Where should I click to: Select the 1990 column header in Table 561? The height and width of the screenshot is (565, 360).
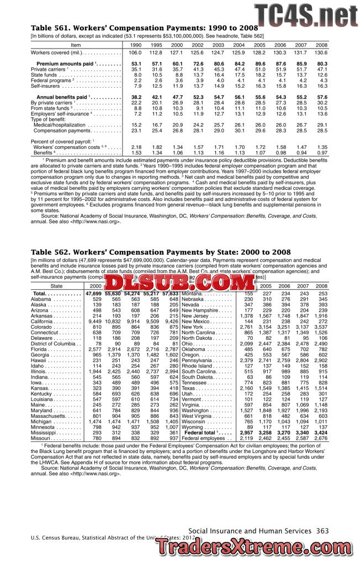[135, 44]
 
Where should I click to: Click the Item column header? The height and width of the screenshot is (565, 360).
[76, 44]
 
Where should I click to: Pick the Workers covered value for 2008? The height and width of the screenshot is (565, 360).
[321, 52]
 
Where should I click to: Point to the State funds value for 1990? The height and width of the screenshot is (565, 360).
[136, 74]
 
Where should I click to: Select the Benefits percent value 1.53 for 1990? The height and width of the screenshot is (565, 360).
[136, 152]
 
